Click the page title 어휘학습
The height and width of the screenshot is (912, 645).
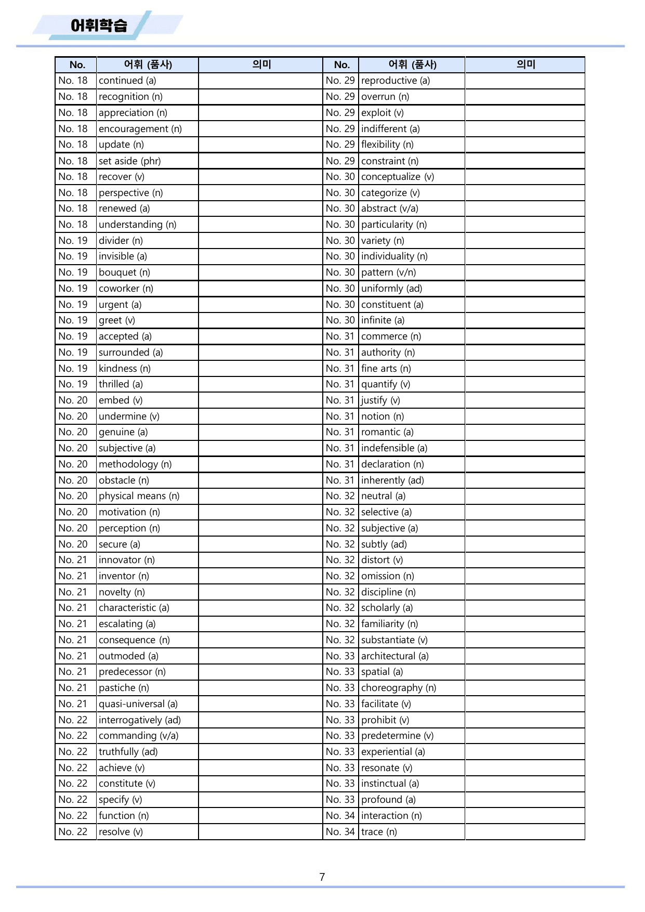coord(99,25)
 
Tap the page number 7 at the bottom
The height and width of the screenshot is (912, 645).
coord(322,877)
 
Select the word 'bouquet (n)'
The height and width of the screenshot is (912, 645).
coord(124,272)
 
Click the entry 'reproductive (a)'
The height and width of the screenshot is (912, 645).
coord(395,81)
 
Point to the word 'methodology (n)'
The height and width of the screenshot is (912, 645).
coord(135,464)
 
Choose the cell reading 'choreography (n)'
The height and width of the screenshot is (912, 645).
coord(399,688)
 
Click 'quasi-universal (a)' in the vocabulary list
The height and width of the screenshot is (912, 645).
coord(138,704)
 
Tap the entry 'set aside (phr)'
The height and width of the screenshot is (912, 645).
coord(130,161)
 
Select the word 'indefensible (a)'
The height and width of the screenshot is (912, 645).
coord(394,448)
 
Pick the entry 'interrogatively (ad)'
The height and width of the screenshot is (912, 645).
coord(140,720)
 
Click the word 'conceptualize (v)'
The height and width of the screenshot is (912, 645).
coord(398,177)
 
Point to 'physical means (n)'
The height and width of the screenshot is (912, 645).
coord(139,496)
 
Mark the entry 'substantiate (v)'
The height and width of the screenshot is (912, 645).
coord(394,640)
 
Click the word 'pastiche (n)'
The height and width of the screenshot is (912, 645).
coord(124,688)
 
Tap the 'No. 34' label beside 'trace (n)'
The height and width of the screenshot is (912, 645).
coord(340,832)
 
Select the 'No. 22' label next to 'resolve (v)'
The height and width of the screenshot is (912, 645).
coord(73,832)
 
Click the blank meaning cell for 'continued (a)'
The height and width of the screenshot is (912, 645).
coord(260,81)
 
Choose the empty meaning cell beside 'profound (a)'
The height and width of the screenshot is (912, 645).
coord(524,800)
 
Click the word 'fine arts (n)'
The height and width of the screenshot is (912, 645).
coord(386,369)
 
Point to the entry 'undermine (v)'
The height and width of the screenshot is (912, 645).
coord(129,416)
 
